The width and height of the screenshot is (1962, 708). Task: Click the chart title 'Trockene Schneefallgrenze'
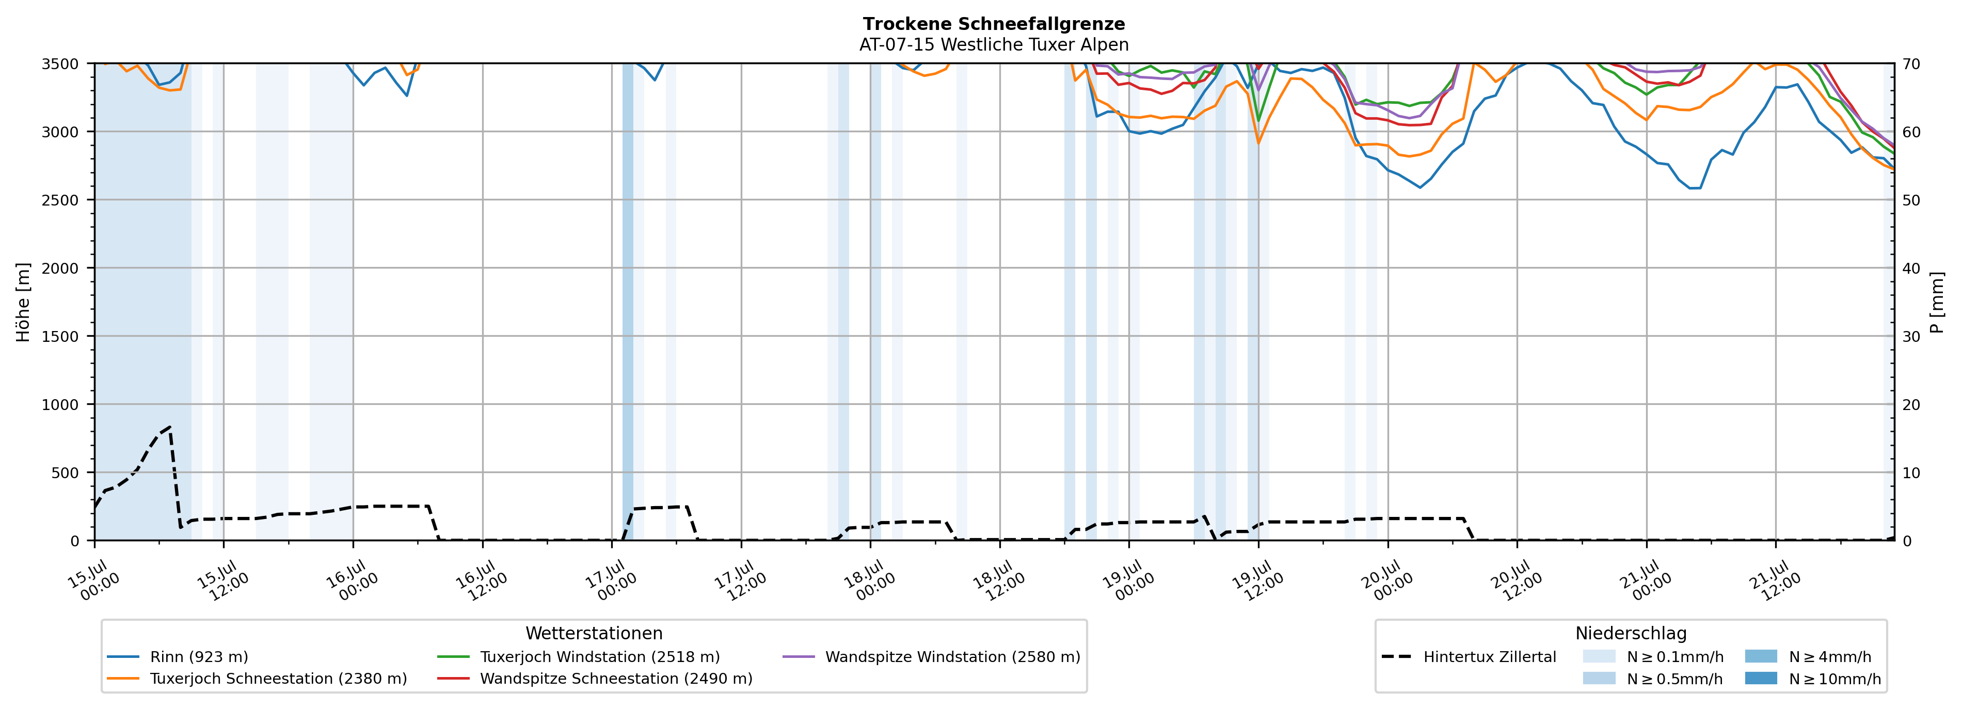994,24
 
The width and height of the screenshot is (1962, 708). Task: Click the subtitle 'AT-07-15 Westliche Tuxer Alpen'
994,45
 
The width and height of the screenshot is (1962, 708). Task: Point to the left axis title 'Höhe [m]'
24,302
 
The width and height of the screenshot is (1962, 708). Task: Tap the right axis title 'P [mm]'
1937,302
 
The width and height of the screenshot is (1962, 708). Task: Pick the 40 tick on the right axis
1911,268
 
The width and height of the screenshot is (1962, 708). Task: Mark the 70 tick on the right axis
1911,64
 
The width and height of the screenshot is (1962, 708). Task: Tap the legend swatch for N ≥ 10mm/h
1761,678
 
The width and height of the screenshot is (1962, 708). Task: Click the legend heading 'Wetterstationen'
594,633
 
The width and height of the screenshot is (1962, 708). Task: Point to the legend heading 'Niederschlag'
1631,633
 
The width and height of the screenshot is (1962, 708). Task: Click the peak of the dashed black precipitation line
170,427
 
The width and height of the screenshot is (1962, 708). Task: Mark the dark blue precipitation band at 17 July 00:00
628,302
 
